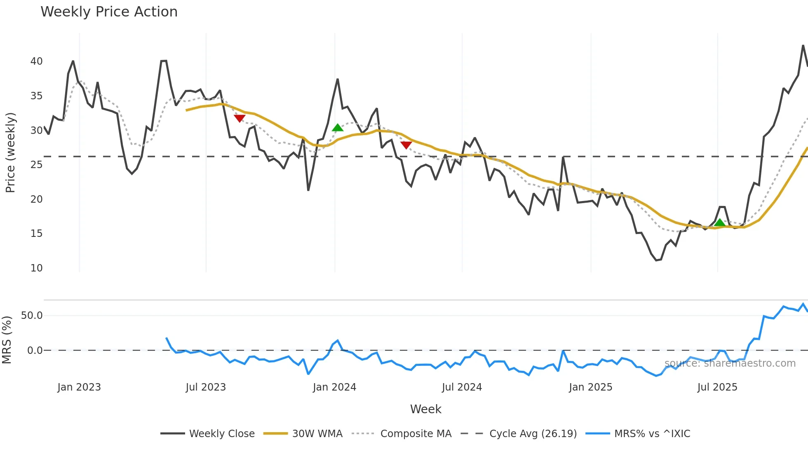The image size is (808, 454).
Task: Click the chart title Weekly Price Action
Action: (109, 12)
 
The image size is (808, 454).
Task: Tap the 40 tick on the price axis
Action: (36, 61)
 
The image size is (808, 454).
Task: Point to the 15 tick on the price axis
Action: (36, 234)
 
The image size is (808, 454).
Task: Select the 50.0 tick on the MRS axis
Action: (32, 316)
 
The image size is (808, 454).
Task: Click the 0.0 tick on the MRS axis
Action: (35, 351)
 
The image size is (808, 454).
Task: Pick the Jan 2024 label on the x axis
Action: (334, 387)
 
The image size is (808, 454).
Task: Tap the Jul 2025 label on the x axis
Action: (717, 387)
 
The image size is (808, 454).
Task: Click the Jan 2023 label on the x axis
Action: (79, 387)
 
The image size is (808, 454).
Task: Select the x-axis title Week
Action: (425, 409)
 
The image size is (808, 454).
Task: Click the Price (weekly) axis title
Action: (10, 152)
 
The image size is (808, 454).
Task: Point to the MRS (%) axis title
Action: (7, 340)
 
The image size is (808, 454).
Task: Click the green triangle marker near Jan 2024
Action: (338, 128)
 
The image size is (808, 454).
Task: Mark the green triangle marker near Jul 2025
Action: (719, 223)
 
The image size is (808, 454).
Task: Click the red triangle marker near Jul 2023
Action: (240, 119)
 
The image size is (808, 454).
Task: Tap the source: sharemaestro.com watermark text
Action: (730, 363)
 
